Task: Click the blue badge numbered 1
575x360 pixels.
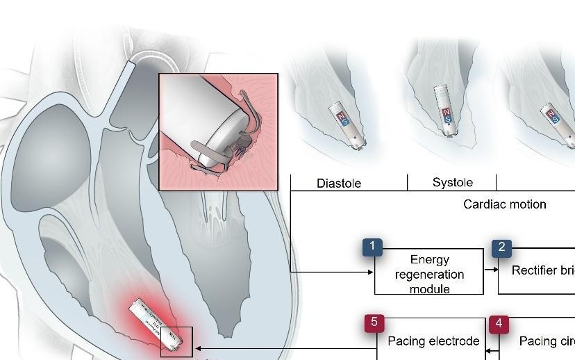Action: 373,247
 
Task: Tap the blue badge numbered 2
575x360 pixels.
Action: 501,247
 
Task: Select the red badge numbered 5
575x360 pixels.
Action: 374,322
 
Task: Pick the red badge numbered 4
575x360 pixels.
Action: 498,324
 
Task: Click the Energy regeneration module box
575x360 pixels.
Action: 429,274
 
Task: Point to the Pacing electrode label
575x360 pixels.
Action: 433,341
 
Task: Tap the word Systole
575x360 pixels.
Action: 452,183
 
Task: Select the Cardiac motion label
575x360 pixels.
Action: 504,204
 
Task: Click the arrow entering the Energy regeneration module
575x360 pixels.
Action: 369,272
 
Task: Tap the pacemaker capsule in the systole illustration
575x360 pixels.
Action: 445,107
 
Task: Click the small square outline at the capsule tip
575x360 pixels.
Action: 176,342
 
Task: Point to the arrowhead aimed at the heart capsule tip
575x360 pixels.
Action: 199,347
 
